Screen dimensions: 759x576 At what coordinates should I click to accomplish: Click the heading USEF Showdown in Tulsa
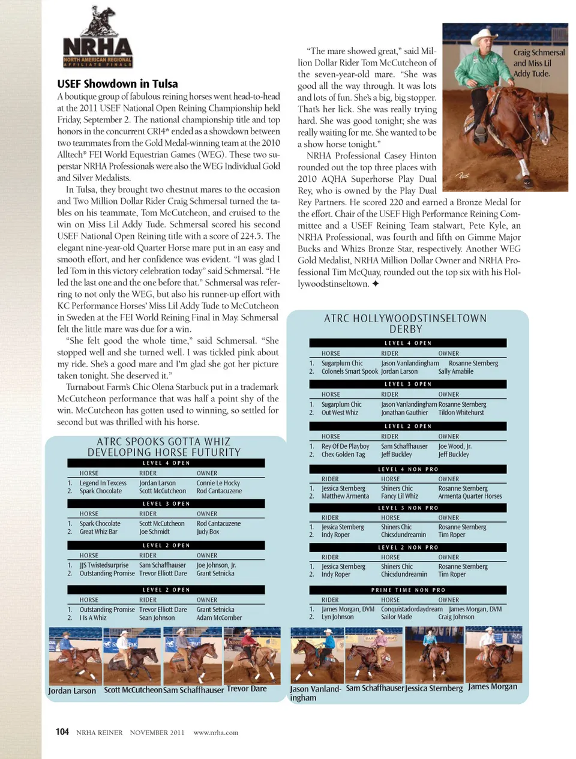(117, 83)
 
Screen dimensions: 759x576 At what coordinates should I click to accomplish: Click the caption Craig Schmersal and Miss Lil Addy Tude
(538, 63)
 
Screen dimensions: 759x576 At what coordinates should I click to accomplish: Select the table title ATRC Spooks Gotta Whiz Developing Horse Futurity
(164, 447)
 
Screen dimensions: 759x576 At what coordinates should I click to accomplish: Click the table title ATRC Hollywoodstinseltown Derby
(406, 323)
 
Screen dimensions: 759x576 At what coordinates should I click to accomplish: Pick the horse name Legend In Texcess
(103, 483)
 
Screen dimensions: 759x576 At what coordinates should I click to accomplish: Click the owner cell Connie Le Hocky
(218, 483)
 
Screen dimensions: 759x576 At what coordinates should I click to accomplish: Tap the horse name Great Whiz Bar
(98, 532)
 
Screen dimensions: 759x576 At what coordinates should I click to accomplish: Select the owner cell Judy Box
(208, 532)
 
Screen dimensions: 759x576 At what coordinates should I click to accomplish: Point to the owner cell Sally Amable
(455, 371)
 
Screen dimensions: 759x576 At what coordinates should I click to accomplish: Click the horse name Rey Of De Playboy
(345, 446)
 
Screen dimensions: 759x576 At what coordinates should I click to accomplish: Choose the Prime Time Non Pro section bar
(408, 590)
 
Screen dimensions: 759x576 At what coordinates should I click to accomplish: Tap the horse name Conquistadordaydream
(412, 609)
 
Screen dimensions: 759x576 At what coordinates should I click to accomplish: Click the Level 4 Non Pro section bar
(408, 469)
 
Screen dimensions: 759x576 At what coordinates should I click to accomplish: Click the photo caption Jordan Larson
(72, 691)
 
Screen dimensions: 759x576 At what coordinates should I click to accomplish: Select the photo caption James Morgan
(492, 686)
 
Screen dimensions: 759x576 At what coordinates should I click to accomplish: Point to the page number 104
(62, 732)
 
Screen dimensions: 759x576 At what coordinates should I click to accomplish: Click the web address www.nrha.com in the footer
(215, 733)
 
